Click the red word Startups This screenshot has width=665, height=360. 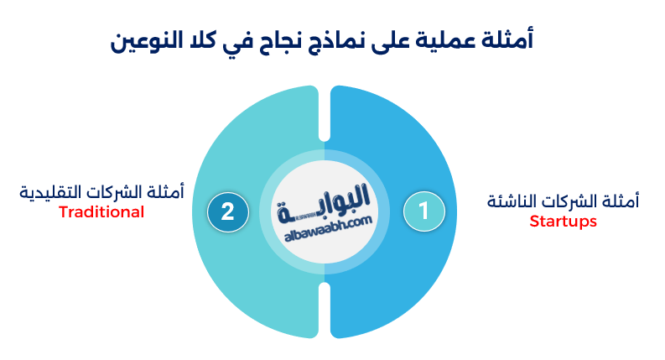point(563,222)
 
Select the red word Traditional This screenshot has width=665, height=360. point(101,212)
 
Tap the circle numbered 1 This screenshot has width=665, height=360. point(423,211)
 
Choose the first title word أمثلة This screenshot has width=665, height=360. point(513,40)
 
